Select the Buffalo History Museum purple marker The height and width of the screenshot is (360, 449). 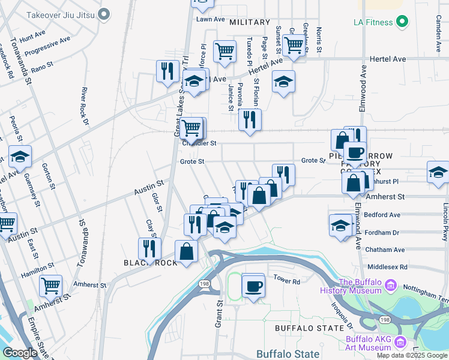point(391,284)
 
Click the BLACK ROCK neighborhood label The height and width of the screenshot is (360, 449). point(150,263)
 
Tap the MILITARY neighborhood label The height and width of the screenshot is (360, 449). point(250,22)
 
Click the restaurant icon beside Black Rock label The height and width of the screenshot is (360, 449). point(149,248)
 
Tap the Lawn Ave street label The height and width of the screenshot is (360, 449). point(209,19)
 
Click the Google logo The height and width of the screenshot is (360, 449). point(20,353)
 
